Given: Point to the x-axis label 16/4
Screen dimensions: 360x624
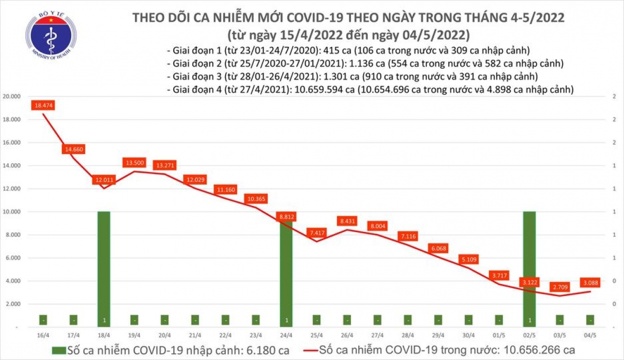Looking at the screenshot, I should (43, 336).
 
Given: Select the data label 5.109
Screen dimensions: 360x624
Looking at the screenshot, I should (469, 259).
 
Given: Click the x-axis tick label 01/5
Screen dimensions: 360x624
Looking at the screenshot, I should (499, 336).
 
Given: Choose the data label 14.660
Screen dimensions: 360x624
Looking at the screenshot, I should (73, 149).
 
